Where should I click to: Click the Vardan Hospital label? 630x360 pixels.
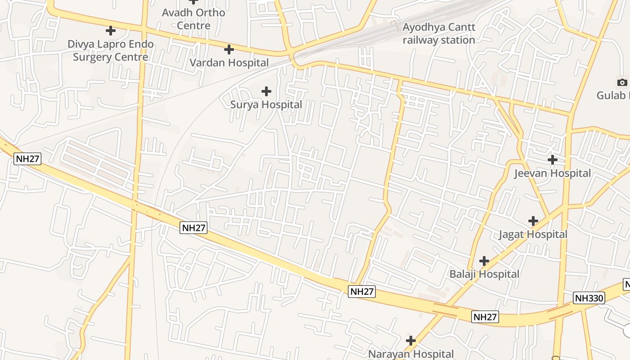[x=229, y=63]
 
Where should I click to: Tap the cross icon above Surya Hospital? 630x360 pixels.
[x=266, y=91]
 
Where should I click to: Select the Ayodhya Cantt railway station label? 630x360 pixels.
[x=439, y=34]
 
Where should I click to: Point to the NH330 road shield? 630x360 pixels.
[x=589, y=298]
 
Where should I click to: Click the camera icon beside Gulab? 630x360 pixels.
[x=622, y=82]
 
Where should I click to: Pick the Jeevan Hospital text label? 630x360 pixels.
[x=552, y=173]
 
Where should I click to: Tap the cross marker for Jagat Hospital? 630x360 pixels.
[x=533, y=221]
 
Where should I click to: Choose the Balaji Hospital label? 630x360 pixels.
[x=484, y=274]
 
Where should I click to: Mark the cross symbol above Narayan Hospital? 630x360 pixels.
[x=410, y=341]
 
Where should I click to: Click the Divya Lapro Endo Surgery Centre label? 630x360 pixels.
[x=111, y=51]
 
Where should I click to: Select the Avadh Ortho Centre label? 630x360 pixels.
[x=193, y=19]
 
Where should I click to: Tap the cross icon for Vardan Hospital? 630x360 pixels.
[x=229, y=49]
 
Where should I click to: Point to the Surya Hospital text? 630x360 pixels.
[x=266, y=105]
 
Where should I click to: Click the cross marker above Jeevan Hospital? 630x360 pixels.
[x=552, y=160]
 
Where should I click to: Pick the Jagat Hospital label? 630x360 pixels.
[x=533, y=234]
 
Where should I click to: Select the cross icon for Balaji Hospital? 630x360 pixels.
[x=484, y=261]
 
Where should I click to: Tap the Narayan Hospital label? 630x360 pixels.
[x=411, y=354]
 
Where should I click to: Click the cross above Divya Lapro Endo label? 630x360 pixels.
[x=110, y=31]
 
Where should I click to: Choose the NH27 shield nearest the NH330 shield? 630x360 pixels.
[x=486, y=317]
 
